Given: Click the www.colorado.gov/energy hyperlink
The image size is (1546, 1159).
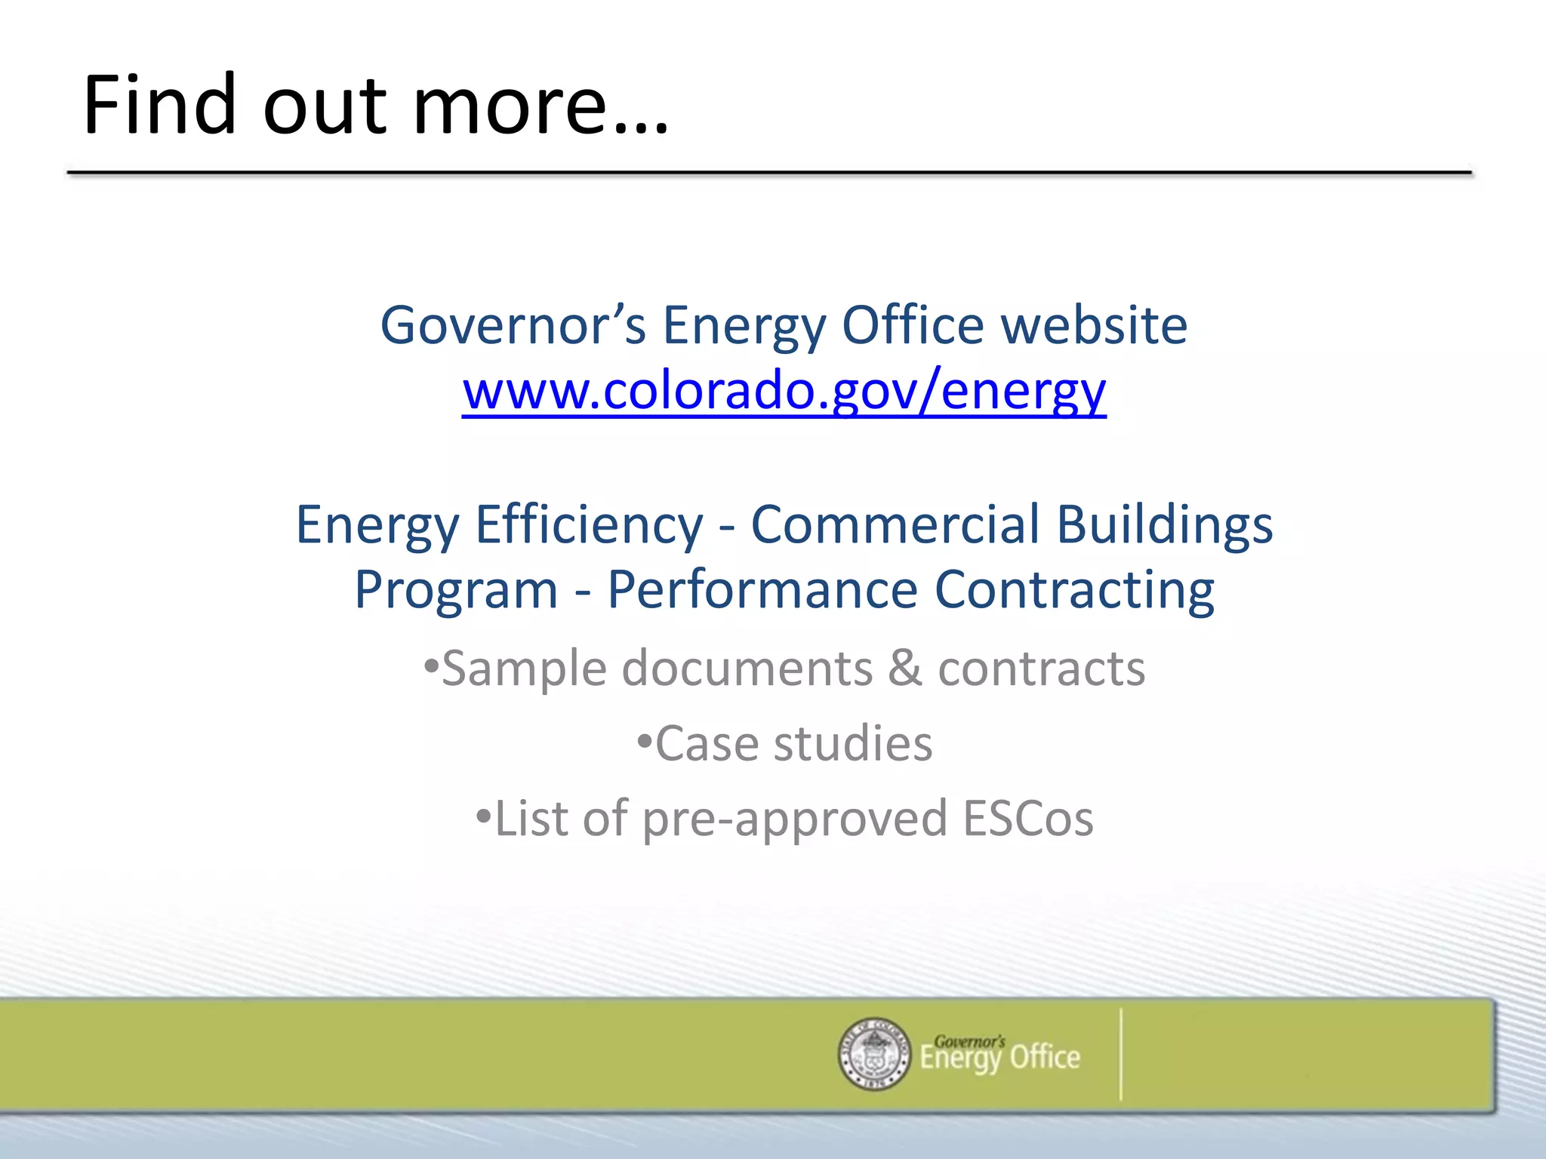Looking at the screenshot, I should [784, 392].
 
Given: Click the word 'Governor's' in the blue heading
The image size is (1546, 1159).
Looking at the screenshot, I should [513, 326].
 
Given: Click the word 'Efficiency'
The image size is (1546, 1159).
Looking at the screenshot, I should [589, 525].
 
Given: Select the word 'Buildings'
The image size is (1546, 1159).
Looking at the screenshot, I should [1164, 525].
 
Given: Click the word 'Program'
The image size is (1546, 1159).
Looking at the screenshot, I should [456, 590].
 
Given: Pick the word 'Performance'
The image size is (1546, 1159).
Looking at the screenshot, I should [762, 590].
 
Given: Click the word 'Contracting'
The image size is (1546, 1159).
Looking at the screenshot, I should [1074, 590].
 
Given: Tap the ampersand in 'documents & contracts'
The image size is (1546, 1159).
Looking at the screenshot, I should [904, 669].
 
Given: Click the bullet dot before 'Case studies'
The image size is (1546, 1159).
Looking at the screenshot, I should [643, 741].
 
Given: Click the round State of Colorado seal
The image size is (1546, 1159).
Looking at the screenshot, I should [874, 1053].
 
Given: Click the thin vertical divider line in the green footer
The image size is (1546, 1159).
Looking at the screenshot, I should [1121, 1053].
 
